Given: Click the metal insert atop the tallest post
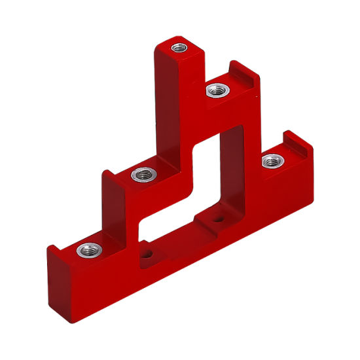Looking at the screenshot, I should click(x=179, y=47).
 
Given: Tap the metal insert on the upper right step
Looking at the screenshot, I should click(x=216, y=90).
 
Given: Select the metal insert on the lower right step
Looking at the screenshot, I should click(x=270, y=160).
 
